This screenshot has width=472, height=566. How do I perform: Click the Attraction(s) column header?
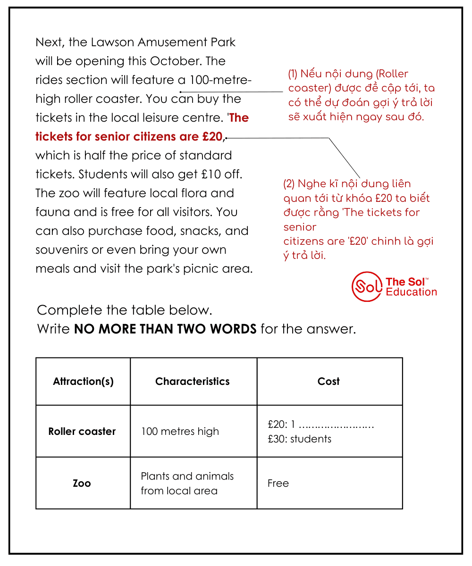pos(83,382)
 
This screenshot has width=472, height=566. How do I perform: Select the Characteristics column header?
pos(193,382)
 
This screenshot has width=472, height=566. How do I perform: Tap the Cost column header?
pos(329,382)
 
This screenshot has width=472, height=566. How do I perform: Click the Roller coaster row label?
pos(82,432)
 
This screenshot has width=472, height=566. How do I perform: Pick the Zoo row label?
pos(82,483)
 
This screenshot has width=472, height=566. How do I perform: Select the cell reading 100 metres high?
pos(180,432)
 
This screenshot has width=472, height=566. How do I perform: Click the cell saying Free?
pos(278,483)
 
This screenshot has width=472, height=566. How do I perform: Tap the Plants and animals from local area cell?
pos(187,483)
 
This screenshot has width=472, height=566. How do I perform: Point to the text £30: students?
pos(299,439)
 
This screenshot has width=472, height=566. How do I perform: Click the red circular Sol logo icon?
pos(366,286)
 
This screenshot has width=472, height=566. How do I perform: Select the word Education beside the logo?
pos(411,292)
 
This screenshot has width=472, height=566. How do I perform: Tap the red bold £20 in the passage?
pos(212,137)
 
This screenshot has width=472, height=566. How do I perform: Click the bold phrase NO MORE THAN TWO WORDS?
pos(165,329)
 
